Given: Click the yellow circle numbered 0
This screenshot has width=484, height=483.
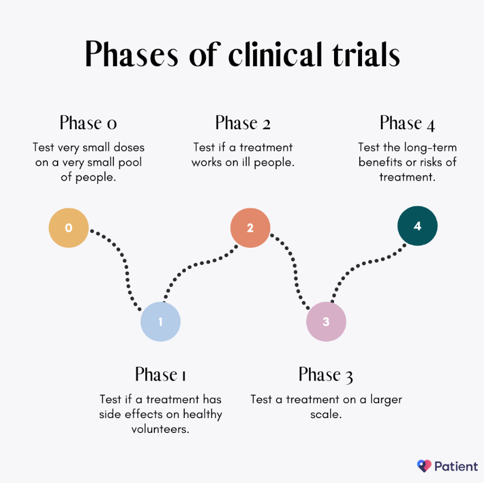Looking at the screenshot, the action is point(68,228).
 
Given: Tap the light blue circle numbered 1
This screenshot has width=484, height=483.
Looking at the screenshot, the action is point(161,322).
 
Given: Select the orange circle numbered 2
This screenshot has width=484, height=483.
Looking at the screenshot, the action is point(250,228).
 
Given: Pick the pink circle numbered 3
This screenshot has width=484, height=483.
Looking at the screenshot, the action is point(326,322).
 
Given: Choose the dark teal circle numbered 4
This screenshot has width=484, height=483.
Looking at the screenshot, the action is point(417,226).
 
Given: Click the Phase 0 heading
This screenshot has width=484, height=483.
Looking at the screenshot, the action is point(88,123).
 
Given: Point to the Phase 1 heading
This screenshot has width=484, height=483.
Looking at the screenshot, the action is point(161,374).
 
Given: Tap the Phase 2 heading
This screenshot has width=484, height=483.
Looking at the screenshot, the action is point(243,123).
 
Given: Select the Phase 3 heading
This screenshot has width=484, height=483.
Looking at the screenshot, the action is point(326,375).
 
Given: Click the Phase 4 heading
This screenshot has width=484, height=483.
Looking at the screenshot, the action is point(408,124).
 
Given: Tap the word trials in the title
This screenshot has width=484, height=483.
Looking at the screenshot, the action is point(366,54).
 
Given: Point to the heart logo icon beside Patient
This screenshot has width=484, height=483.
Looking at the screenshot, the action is point(424,466).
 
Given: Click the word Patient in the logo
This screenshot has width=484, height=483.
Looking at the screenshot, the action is point(456,466).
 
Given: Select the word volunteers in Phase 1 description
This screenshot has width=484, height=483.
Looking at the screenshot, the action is point(161,429).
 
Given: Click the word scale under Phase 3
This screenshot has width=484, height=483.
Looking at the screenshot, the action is point(326,414).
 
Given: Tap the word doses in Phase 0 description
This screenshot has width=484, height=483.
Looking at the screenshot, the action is point(129,148).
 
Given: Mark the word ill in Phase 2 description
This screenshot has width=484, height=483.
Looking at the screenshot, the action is point(246,162).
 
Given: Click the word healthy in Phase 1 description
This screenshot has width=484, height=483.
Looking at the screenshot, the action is point(202,415).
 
